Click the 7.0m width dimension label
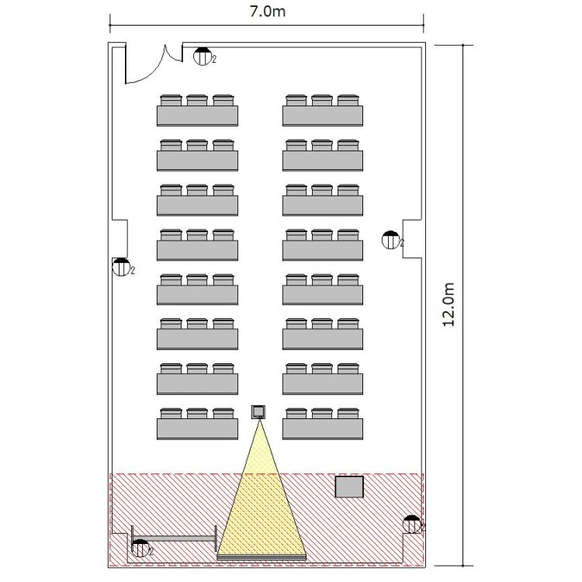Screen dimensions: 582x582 coord(267,11)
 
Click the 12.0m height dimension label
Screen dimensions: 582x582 coord(449,304)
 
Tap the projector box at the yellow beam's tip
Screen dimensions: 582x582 coord(258,411)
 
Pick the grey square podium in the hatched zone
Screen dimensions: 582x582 coord(349,487)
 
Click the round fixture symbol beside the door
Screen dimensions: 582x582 coord(203,57)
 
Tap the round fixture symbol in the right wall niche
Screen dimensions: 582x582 coord(390,240)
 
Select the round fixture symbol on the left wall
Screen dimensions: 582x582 coord(121,267)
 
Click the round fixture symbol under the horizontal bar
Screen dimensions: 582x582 coord(140,548)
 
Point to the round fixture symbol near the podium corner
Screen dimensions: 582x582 coord(412,525)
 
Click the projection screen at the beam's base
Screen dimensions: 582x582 coord(262,556)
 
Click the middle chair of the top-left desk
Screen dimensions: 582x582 coord(197,100)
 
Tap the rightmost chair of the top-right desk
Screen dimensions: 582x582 coord(348,100)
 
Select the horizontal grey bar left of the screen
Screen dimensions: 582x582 coord(174,539)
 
